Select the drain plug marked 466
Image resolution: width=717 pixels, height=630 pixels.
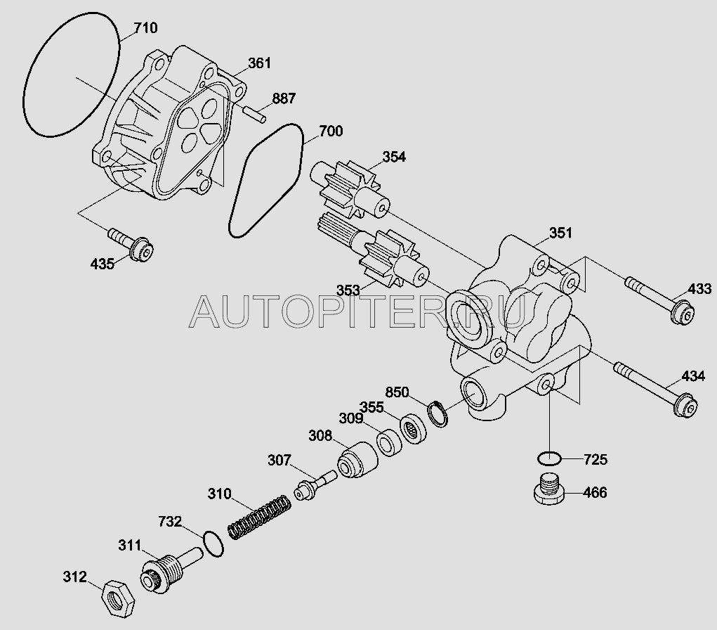(548, 490)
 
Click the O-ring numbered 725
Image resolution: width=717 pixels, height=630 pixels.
(548, 460)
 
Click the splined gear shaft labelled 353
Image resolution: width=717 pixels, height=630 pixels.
(372, 255)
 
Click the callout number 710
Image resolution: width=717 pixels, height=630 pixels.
(145, 29)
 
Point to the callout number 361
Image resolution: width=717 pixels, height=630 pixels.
(259, 63)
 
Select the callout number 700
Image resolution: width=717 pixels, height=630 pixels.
(331, 131)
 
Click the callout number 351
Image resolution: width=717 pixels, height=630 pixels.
(560, 233)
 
